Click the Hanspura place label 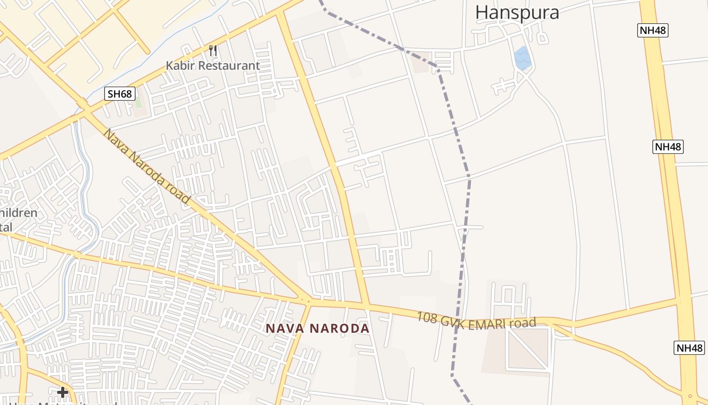(517, 12)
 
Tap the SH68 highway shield (120, 94)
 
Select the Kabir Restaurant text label (213, 66)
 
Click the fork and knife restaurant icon (213, 51)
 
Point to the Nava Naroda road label (146, 166)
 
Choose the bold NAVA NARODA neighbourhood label (318, 328)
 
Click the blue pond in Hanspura (522, 58)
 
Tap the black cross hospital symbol (63, 392)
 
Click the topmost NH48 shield (652, 30)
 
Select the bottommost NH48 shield (689, 348)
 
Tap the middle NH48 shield (668, 147)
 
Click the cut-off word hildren (19, 213)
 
